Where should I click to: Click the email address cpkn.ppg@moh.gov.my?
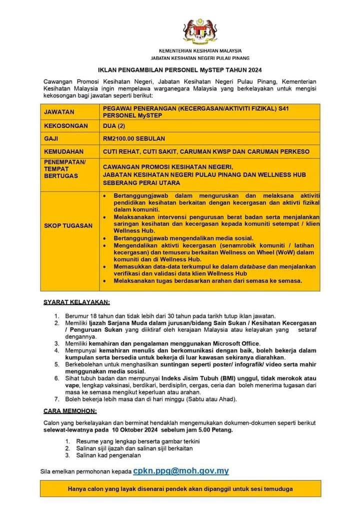point(181,471)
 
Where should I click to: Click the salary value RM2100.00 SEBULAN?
point(133,138)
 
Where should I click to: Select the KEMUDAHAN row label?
point(64,151)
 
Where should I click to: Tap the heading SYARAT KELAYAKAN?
point(76,302)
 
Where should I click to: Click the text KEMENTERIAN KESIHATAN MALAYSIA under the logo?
point(200,51)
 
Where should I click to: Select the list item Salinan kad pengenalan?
point(108,455)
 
